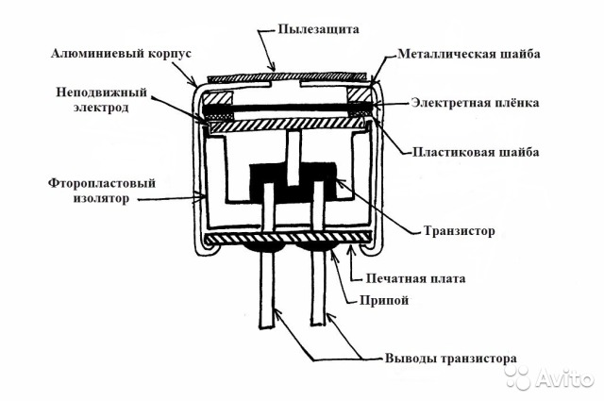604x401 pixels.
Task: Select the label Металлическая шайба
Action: click(468, 54)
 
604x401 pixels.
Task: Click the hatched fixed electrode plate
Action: click(288, 126)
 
